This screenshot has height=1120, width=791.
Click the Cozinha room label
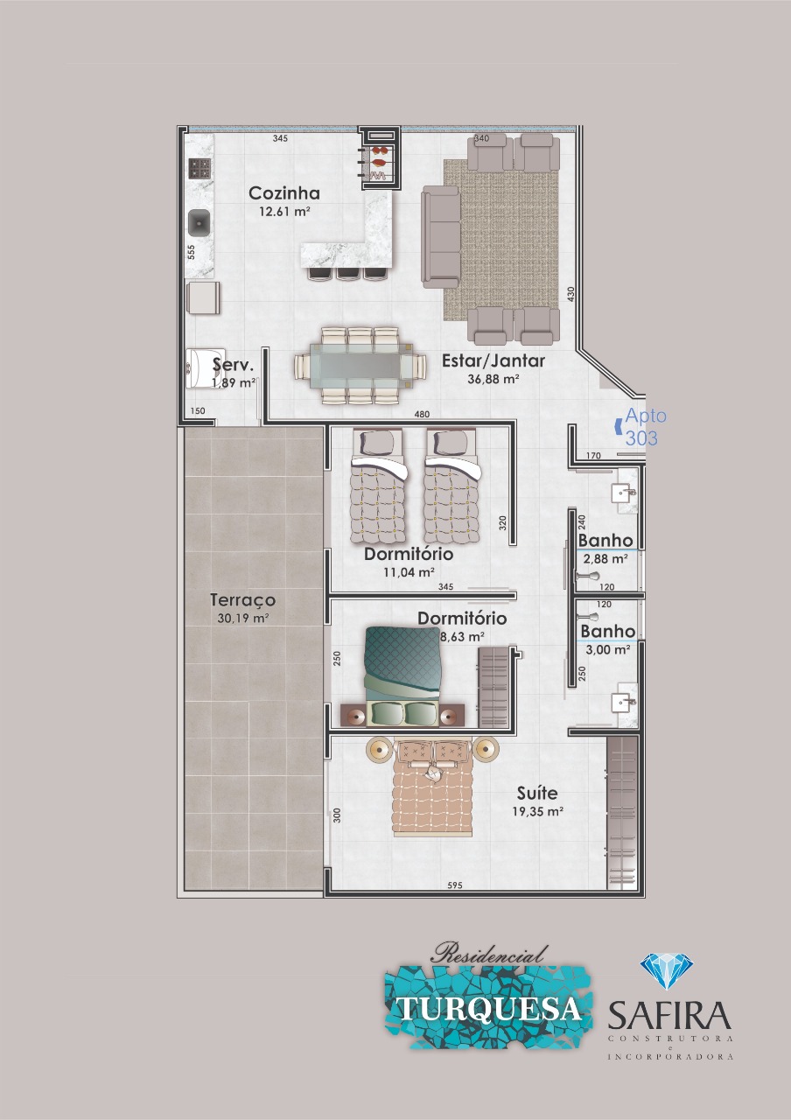coord(284,193)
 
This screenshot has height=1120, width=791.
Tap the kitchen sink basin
coord(199,223)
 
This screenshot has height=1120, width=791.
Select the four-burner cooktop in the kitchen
coord(199,169)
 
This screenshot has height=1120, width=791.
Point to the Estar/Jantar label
coord(493,361)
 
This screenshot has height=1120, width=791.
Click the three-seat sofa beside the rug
coord(440,237)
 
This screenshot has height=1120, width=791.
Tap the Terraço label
coord(243,600)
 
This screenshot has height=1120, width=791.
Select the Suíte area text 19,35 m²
coord(537,811)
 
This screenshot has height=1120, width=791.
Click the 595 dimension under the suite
coord(454,885)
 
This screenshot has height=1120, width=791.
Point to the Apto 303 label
coord(646,426)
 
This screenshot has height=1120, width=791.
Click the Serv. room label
coord(233,365)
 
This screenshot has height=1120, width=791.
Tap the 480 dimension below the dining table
coord(422,414)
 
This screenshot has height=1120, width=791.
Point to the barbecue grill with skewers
coord(381,160)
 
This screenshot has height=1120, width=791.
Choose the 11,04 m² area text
coord(409,572)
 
